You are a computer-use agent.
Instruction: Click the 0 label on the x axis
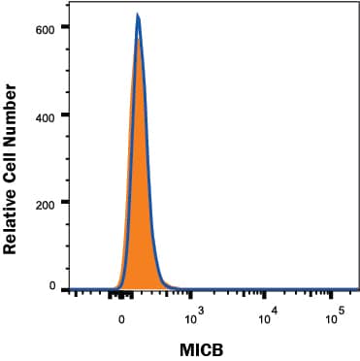122,317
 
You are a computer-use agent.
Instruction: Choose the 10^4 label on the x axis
267,313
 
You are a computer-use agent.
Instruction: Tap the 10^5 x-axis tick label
340,313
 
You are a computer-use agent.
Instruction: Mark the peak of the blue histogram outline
138,16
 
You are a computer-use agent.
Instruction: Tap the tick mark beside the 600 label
66,26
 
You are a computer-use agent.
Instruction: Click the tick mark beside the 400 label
66,115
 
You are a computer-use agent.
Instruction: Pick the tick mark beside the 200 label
66,203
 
